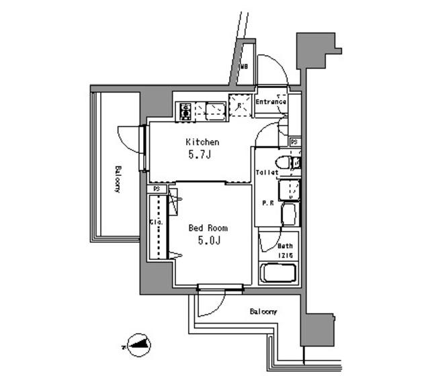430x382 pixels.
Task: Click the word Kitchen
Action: click(x=202, y=142)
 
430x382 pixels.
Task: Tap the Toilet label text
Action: click(x=266, y=173)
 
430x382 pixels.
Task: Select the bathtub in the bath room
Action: click(x=279, y=273)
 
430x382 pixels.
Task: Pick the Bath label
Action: click(x=286, y=246)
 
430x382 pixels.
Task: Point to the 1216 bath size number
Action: click(x=286, y=255)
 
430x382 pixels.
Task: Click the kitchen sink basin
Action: click(x=216, y=109)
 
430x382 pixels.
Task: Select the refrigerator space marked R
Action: click(x=239, y=105)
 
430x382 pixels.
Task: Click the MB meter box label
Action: click(x=245, y=67)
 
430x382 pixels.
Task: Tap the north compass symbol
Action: click(x=139, y=346)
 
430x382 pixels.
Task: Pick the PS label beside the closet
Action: click(x=157, y=189)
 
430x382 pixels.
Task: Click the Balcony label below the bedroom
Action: click(x=263, y=312)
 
